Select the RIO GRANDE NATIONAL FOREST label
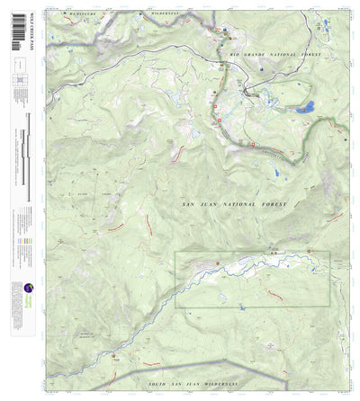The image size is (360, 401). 275,56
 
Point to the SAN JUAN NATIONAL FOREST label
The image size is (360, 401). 234,205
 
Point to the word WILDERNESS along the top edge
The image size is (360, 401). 166,15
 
